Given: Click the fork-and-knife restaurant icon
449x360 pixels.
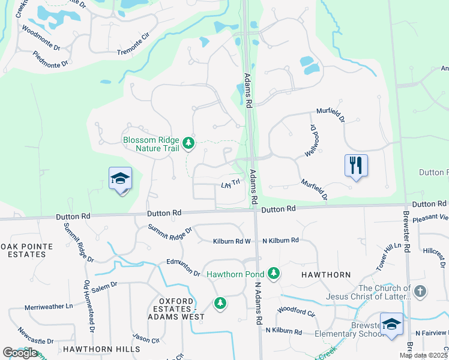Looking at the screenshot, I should point(356,164).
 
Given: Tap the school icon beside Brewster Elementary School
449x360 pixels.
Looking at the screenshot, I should point(392,325).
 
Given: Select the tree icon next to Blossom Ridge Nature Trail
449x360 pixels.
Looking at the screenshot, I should point(189,143).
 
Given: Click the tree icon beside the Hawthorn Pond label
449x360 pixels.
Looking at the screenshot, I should point(274,274).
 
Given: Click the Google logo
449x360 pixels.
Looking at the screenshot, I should point(20,353).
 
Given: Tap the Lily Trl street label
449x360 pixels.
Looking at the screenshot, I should point(231,184).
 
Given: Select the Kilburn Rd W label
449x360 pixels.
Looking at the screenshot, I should point(232,241).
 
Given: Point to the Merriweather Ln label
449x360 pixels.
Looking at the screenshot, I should point(49,307).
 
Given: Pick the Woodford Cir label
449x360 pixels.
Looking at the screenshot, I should point(295,312).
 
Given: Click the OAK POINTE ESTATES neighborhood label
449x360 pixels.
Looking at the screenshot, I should point(26,250).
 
